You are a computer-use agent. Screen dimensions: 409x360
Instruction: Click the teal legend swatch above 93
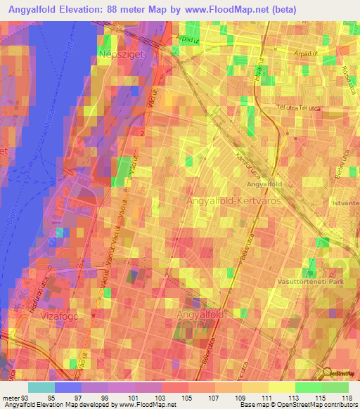[x=41, y=387]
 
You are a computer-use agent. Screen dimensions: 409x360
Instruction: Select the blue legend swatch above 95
[x=68, y=387]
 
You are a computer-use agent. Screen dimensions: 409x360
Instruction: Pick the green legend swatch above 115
[x=309, y=387]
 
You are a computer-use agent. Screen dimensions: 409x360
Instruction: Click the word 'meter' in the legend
[x=10, y=398]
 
